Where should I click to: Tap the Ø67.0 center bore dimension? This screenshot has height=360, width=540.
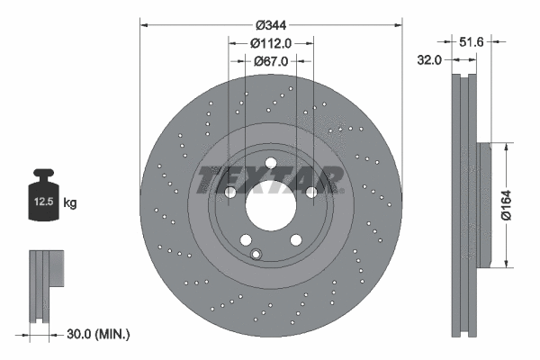click(x=271, y=61)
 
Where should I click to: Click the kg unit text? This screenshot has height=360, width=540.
click(x=70, y=203)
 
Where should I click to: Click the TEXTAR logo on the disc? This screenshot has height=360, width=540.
click(x=270, y=179)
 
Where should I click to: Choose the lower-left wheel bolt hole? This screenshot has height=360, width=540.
click(x=245, y=238)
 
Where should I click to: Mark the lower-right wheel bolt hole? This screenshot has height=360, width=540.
click(x=295, y=238)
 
